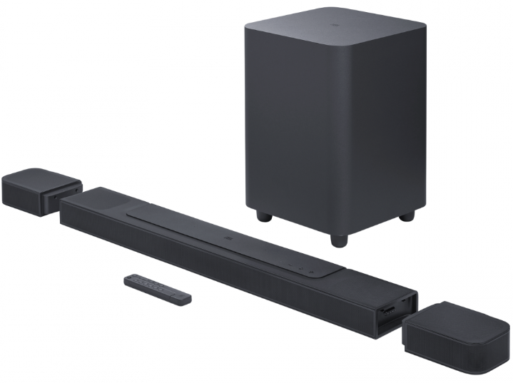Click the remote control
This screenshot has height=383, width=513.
(158, 289)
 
